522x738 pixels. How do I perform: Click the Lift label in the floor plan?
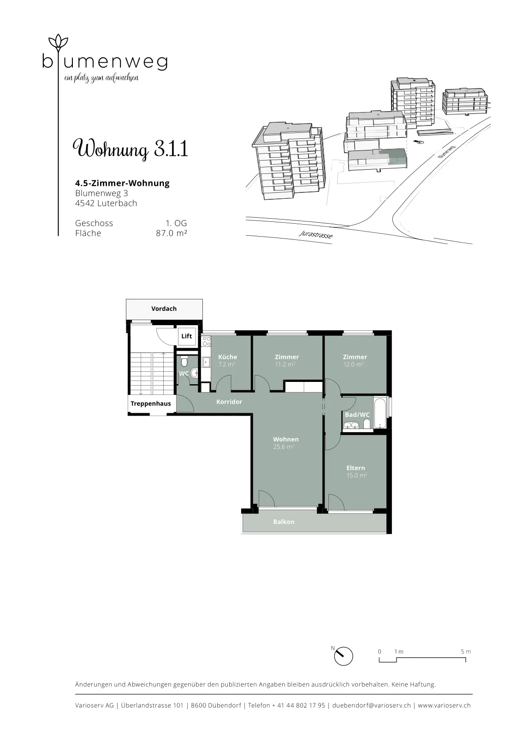pos(186,336)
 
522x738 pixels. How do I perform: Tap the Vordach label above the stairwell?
pos(164,309)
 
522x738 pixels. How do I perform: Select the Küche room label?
pos(228,357)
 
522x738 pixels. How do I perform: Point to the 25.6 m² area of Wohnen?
pos(284,447)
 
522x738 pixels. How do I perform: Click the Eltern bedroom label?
pos(356,468)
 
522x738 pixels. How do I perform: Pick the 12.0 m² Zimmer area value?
pos(353,364)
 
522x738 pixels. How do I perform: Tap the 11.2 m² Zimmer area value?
pos(285,364)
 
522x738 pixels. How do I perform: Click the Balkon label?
pos(284,522)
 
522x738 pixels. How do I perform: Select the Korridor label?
pos(229,402)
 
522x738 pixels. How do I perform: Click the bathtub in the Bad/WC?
pos(380,413)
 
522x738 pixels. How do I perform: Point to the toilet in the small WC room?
pos(184,362)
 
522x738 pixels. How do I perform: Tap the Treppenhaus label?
pos(150,404)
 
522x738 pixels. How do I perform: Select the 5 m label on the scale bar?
pos(466,651)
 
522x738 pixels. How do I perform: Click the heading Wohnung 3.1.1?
pos(130,149)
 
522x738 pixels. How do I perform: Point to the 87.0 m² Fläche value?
pos(171,233)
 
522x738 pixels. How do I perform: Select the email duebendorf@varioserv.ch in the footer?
pos(372,705)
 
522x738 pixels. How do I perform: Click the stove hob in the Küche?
pos(207,341)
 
